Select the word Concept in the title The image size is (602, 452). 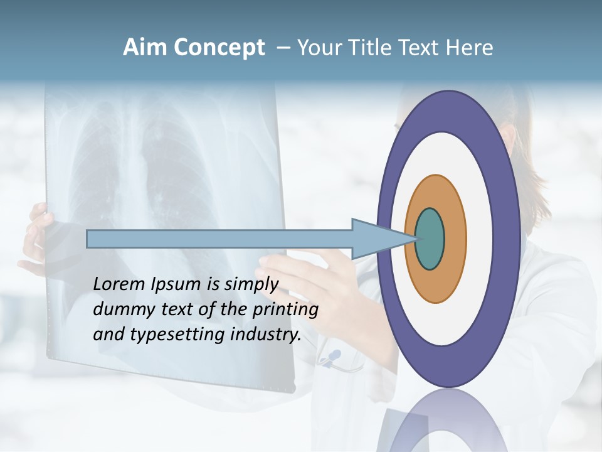coord(219,48)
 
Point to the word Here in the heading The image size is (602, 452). coord(470,48)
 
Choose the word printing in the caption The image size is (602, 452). coord(285,310)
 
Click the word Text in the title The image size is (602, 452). coord(421,48)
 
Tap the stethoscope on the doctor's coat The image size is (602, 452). coord(332,358)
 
